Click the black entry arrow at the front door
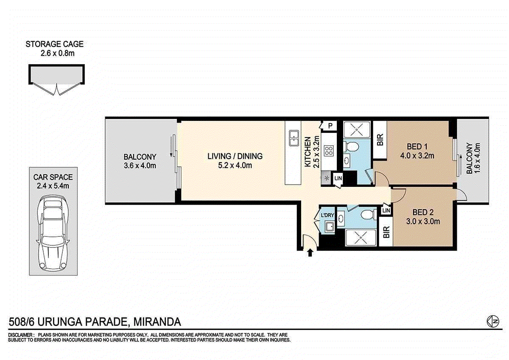point(310,253)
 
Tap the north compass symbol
point(493,321)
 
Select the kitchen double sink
point(294,138)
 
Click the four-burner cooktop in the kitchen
point(329,151)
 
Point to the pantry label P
point(330,126)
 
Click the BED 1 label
point(417,147)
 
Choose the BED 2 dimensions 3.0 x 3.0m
point(423,221)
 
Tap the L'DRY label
point(327,215)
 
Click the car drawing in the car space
point(53,233)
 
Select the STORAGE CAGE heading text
point(55,44)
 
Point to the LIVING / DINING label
point(235,156)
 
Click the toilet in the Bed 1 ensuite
point(351,146)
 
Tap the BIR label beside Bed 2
point(386,232)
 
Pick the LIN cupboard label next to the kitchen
point(338,178)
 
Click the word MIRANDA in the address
point(157,322)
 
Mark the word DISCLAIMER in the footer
point(20,335)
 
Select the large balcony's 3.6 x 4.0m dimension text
point(140,166)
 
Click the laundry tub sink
point(330,226)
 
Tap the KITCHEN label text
point(308,152)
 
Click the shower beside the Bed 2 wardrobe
point(361,238)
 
